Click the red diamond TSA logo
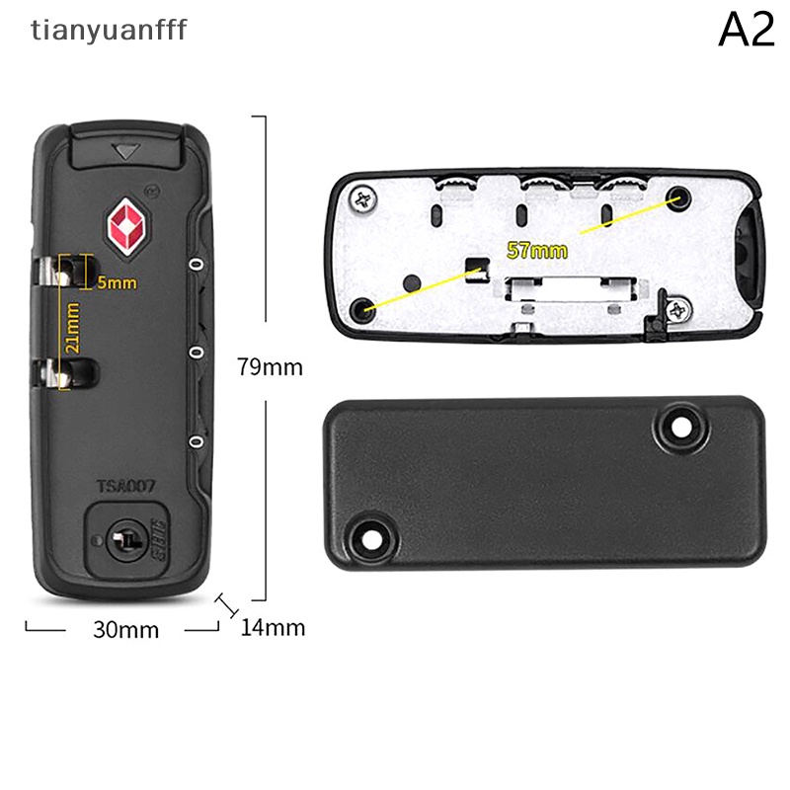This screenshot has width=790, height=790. click(128, 226)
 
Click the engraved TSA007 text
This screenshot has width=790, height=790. click(127, 486)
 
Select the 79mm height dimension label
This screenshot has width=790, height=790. click(270, 367)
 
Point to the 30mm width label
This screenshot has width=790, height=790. click(125, 629)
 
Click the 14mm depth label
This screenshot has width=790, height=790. click(273, 627)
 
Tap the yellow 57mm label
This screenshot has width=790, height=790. click(537, 250)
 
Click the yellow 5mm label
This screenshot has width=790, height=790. click(117, 283)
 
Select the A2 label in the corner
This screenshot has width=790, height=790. click(746, 32)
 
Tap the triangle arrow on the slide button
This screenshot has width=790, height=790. click(124, 152)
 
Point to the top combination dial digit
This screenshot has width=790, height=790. click(197, 265)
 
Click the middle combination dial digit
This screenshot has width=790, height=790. click(197, 353)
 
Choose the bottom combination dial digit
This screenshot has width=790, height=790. click(197, 441)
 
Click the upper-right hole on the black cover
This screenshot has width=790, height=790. click(679, 427)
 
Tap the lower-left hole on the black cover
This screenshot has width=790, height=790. click(370, 537)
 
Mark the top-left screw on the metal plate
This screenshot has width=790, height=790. click(363, 200)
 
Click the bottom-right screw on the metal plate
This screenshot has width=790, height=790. click(677, 312)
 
